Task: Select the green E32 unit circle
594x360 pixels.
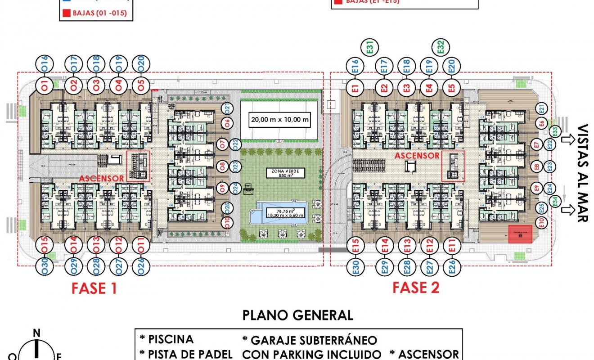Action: point(441,48)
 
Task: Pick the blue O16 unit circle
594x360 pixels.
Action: point(45,64)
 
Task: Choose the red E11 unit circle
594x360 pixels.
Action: point(452,246)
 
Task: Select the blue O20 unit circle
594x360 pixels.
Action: point(141,64)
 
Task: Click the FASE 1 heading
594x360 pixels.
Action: point(94,288)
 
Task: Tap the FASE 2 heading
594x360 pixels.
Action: point(416,287)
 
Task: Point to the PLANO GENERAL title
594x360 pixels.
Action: point(297,315)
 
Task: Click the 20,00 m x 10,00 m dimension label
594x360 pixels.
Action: point(280,120)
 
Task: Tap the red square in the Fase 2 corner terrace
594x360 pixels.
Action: point(520,234)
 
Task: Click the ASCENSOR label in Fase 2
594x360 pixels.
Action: point(417,156)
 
